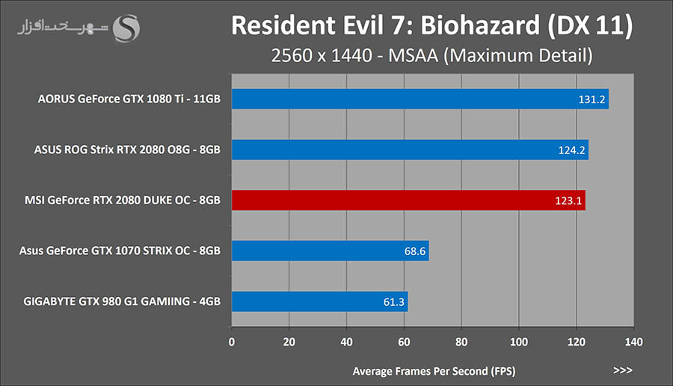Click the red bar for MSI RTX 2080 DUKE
pyautogui.click(x=408, y=200)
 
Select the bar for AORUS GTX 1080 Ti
pyautogui.click(x=420, y=99)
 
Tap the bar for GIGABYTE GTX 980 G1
pyautogui.click(x=319, y=301)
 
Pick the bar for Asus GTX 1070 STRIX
pyautogui.click(x=330, y=251)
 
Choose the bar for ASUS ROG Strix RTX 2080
pyautogui.click(x=410, y=150)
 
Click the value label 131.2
pyautogui.click(x=592, y=99)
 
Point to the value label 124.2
pyautogui.click(x=572, y=150)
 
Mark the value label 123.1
pyautogui.click(x=569, y=200)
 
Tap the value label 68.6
pyautogui.click(x=415, y=251)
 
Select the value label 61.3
pyautogui.click(x=394, y=302)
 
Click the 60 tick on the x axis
pyautogui.click(x=404, y=342)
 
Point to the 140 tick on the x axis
pyautogui.click(x=633, y=342)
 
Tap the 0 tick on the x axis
pyautogui.click(x=232, y=342)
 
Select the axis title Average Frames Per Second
pyautogui.click(x=433, y=370)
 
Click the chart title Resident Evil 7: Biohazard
pyautogui.click(x=432, y=25)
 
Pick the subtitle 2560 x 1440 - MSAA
pyautogui.click(x=432, y=55)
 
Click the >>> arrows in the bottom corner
pyautogui.click(x=622, y=370)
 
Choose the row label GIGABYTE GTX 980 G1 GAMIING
pyautogui.click(x=122, y=301)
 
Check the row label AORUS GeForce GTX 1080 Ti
pyautogui.click(x=129, y=99)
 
